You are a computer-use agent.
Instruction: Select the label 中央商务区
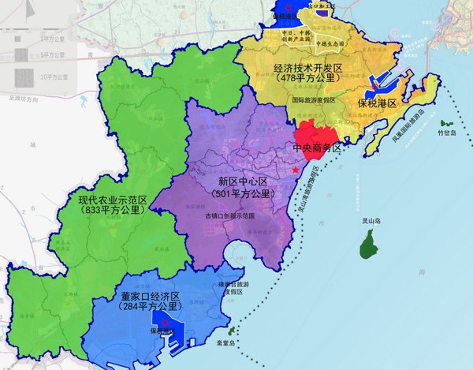[x=315, y=148]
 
